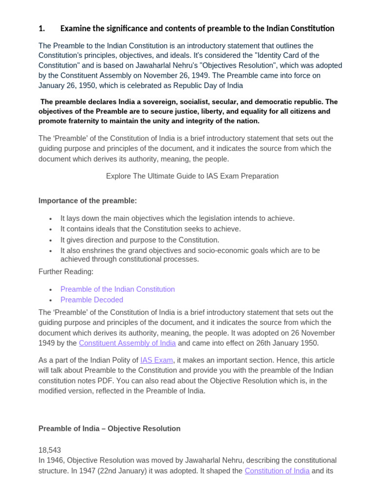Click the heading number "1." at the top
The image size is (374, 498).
point(42,28)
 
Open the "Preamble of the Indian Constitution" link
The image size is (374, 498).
point(117,289)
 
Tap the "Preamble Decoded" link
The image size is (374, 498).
point(92,300)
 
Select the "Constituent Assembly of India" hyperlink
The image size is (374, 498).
point(127,343)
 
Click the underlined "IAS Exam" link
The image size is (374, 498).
point(156,360)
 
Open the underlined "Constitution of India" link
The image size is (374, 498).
point(277,471)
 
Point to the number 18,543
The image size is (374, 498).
point(50,450)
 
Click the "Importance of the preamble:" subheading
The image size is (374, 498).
point(88,201)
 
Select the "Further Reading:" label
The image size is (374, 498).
point(66,271)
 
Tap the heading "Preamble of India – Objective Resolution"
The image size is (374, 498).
point(109,428)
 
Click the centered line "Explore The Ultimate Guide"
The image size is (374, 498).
point(192,176)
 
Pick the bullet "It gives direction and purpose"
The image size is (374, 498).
point(140,240)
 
